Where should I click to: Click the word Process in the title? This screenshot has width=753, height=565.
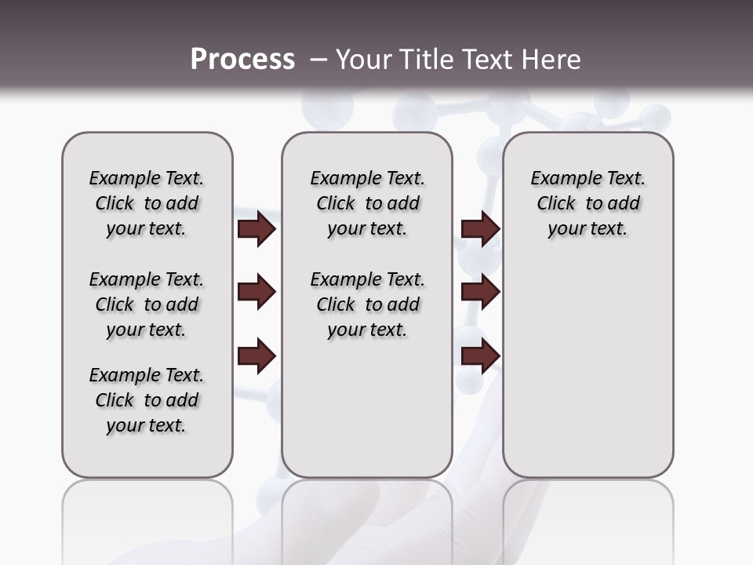(242, 59)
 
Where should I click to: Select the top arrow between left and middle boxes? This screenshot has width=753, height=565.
(256, 229)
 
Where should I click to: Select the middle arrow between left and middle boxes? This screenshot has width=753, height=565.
(256, 293)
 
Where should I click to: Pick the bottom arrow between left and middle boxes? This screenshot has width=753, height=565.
(256, 357)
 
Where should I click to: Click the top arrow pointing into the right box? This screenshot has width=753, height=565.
(480, 229)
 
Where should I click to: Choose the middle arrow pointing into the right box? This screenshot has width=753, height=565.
(480, 293)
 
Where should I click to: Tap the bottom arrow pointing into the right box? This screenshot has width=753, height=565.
(480, 357)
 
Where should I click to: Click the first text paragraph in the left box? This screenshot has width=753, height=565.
(147, 203)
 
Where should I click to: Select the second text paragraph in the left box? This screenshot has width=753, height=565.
(147, 304)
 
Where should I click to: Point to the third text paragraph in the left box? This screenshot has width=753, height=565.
(147, 400)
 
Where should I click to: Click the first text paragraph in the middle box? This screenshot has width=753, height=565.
(367, 203)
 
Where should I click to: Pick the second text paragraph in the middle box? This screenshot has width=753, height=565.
(367, 304)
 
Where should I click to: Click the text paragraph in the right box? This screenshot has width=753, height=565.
(587, 203)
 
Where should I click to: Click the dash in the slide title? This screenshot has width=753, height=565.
(318, 59)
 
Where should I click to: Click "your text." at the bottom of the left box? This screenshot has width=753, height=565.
(147, 425)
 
